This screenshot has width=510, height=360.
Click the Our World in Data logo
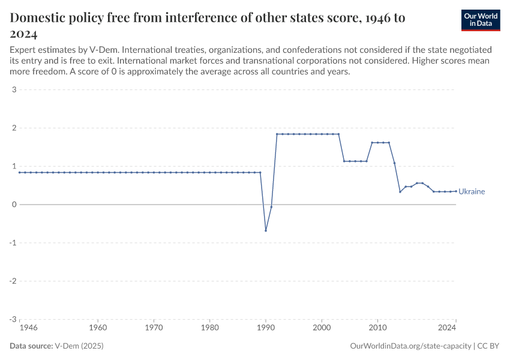pos(481,20)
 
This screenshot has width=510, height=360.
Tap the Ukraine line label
pos(472,192)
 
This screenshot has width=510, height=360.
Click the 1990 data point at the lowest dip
pos(266,230)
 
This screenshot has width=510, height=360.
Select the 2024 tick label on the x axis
pos(447,328)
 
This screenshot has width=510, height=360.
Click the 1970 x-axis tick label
pos(154,328)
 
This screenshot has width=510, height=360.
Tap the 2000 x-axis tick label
pos(322,328)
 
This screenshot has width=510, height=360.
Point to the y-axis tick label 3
pos(13,90)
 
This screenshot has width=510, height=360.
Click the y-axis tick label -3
pos(12,319)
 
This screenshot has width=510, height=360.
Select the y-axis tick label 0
pos(13,205)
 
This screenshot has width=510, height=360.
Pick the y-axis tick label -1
pos(12,243)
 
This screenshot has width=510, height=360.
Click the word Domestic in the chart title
pos(39,18)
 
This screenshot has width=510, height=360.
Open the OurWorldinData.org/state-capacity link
pos(410,346)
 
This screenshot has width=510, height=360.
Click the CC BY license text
pos(489,346)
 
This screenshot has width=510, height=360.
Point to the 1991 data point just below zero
pos(271,206)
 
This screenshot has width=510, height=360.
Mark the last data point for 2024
pos(456,191)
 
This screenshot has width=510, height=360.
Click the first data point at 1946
pos(20,172)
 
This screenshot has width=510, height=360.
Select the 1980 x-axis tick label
pos(209,328)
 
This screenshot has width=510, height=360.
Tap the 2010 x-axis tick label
pos(377,328)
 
